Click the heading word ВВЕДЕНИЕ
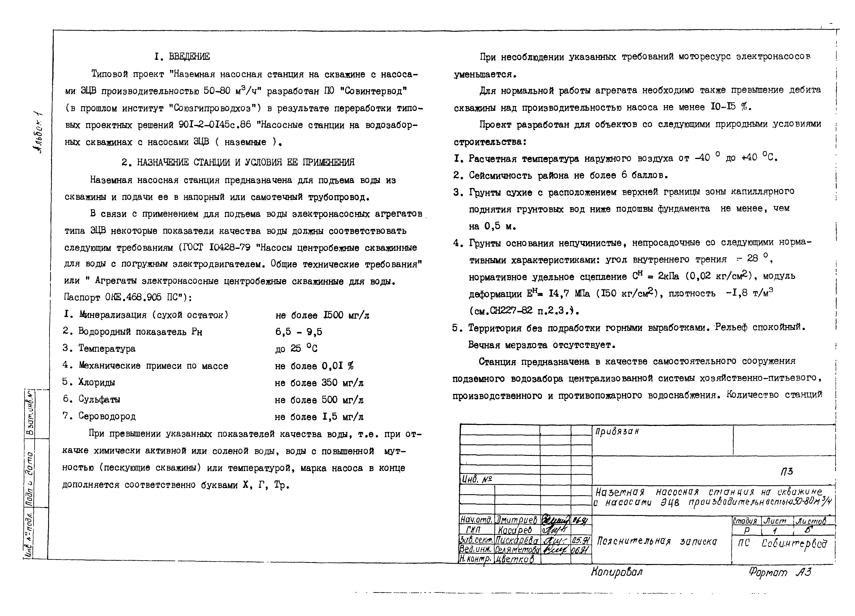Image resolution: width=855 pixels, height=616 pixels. pos(189,57)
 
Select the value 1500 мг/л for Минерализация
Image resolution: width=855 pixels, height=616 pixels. pos(346,315)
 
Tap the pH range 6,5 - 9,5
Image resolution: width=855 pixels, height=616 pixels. pos(299,332)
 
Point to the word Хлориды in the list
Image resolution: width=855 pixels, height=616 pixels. pos(96,382)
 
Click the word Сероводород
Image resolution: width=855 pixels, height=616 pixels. pos(107,416)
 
